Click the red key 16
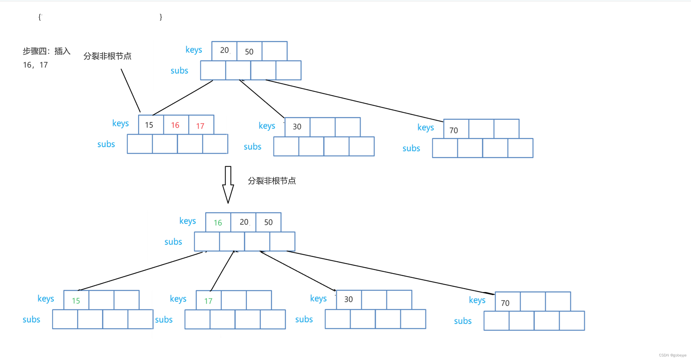pos(175,125)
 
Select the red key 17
pos(200,126)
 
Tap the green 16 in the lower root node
pos(218,223)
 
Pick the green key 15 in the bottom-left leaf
pos(76,301)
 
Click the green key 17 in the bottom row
pos(208,301)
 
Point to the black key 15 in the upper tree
pos(149,125)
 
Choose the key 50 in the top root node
pos(249,52)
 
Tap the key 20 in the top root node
pos(224,50)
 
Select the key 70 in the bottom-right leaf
pos(505,303)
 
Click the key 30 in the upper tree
pos(297,127)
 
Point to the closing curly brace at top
pos(161,17)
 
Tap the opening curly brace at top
pos(40,17)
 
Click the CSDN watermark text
pos(673,355)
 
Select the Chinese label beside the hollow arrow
pos(272,181)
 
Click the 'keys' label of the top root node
pos(194,50)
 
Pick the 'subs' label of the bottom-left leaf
pos(31,320)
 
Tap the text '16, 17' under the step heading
pos(35,65)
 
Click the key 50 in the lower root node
pos(268,222)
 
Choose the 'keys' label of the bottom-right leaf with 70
pos(477,300)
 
